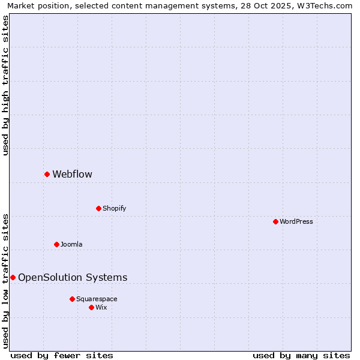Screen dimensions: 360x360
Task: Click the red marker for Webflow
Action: (47, 174)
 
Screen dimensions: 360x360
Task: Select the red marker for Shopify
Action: (98, 208)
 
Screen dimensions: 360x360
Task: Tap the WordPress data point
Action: (275, 221)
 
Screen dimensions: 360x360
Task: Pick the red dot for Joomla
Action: (56, 244)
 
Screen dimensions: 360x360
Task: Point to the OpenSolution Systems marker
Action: (13, 277)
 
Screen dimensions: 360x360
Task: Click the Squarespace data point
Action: (72, 299)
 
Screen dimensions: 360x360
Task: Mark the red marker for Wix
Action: (91, 307)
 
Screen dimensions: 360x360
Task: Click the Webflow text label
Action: (72, 175)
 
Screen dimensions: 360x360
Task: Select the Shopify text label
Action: (114, 209)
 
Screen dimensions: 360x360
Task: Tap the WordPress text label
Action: (296, 222)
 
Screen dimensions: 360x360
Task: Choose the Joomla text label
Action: (71, 245)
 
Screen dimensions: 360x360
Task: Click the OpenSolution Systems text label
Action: (73, 278)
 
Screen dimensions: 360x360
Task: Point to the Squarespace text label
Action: (97, 299)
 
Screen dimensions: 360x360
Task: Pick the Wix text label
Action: (101, 308)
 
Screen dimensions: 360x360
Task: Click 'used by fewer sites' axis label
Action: (62, 355)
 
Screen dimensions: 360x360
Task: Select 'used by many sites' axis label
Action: (301, 355)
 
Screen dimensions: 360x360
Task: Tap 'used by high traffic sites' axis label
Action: (5, 85)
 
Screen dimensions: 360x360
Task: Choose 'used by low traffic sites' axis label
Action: (5, 280)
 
